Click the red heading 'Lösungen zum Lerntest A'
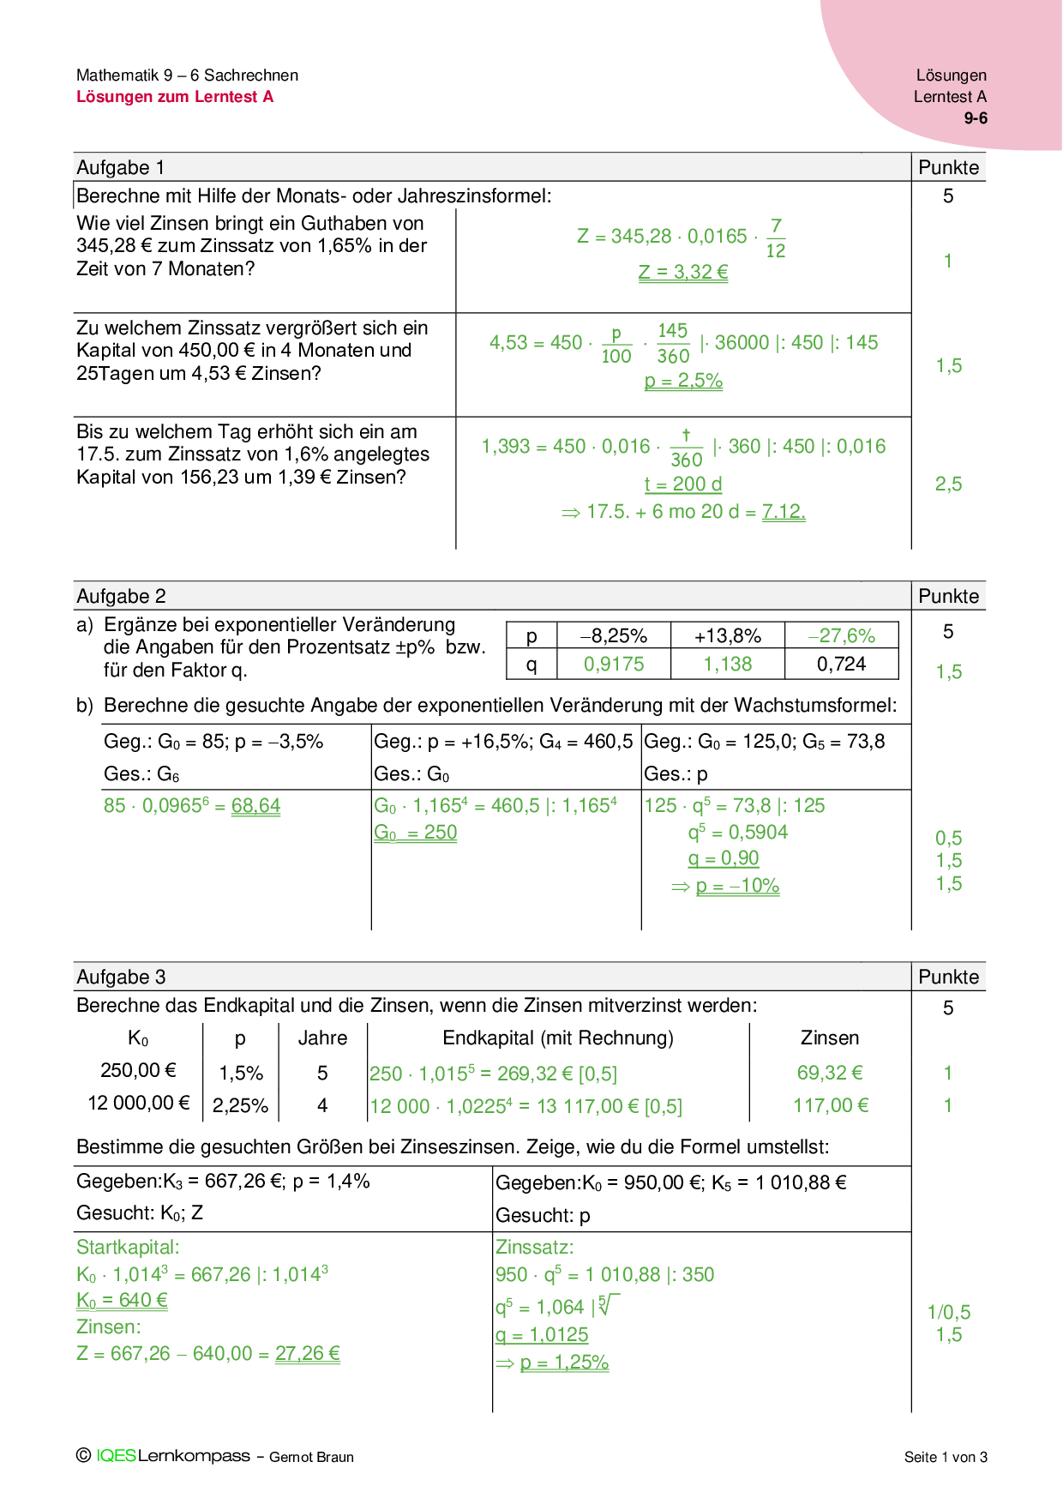[x=175, y=97]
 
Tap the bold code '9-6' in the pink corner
[x=976, y=118]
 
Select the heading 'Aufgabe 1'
[x=120, y=167]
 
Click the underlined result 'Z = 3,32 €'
[x=683, y=273]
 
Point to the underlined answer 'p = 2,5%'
[x=683, y=381]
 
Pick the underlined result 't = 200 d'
[x=683, y=484]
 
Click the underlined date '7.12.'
[x=784, y=512]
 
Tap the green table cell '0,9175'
[x=614, y=664]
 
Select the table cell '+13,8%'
[x=727, y=636]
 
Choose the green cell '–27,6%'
[x=841, y=636]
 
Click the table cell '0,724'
[x=841, y=664]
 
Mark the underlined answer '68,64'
[x=255, y=806]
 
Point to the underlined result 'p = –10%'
[x=737, y=886]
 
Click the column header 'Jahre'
[x=322, y=1038]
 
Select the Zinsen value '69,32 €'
[x=830, y=1073]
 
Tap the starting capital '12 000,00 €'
[x=139, y=1104]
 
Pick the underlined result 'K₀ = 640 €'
[x=122, y=1301]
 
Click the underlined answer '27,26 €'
[x=307, y=1354]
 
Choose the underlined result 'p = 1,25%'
[x=564, y=1363]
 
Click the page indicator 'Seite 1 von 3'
[x=946, y=1457]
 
